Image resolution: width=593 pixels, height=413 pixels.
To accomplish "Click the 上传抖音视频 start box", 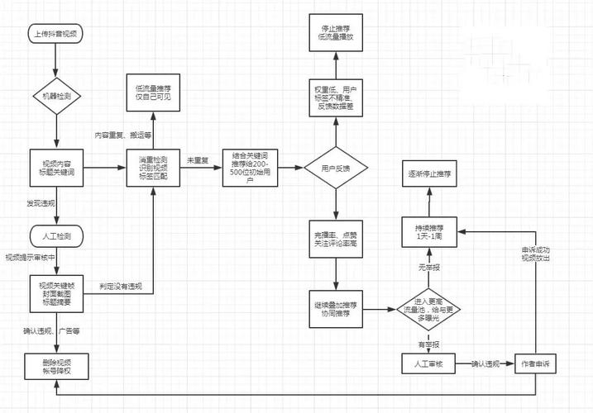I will (x=56, y=35).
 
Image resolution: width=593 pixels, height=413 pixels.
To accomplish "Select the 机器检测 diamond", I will (x=56, y=96).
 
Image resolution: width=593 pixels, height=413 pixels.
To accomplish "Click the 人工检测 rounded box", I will (x=56, y=237).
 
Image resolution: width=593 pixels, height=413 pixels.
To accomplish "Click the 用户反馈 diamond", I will (x=336, y=169).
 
